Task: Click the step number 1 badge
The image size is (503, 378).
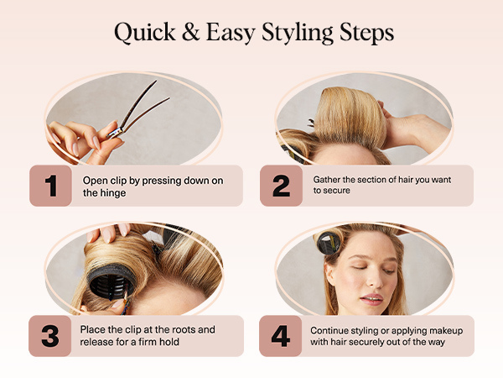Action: (51, 186)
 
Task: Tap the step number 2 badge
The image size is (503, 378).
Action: (281, 186)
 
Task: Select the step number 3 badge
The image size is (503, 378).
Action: (51, 336)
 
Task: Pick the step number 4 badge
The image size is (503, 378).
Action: (281, 336)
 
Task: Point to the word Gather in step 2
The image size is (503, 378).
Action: (329, 179)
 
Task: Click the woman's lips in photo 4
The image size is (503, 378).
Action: (371, 298)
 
